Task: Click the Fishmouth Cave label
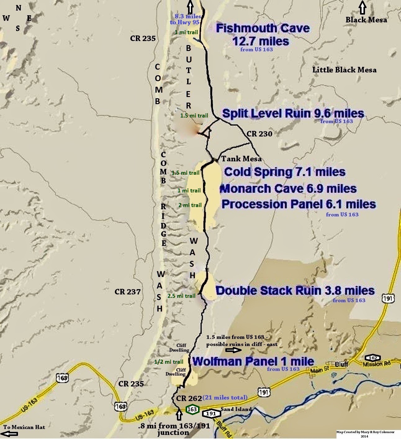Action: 263,29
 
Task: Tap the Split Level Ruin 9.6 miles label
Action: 293,113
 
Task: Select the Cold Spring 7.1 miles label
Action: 285,172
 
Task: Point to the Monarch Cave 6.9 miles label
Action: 288,189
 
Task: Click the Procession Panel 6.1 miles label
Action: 299,204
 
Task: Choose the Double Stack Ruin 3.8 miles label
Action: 295,290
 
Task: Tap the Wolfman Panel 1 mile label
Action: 253,361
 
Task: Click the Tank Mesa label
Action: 241,159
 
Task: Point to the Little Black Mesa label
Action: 344,70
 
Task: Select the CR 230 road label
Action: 259,134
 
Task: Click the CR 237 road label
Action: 128,292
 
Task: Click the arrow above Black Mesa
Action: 362,7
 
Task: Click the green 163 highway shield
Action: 192,409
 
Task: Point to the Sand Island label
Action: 236,409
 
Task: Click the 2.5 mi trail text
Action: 181,296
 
